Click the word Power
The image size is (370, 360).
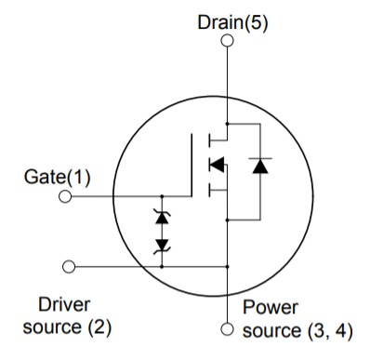pos(271,307)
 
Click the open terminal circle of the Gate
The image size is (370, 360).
pos(65,196)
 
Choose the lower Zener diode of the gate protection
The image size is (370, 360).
pos(163,245)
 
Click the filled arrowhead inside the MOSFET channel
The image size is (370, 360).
pos(217,167)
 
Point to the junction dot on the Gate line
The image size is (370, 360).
pos(163,196)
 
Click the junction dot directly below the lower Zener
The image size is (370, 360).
pos(163,266)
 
